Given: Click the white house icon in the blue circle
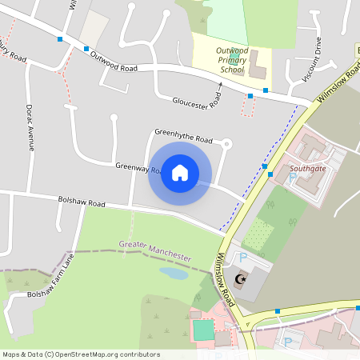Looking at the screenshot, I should click(x=180, y=173).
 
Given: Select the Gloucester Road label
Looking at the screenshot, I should click(x=197, y=103).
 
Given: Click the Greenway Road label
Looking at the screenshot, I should click(x=132, y=167).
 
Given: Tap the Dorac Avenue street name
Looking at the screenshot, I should click(x=30, y=126).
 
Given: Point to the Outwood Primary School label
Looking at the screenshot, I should click(x=233, y=60).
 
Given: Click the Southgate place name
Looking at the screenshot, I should click(x=308, y=169).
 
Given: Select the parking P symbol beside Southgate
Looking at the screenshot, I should click(x=291, y=178).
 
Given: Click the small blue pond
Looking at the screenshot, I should click(x=174, y=273).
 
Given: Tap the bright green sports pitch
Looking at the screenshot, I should click(x=203, y=329).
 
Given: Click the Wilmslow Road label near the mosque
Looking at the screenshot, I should click(x=225, y=280).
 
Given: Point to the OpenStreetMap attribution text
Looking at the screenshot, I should click(x=80, y=354).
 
